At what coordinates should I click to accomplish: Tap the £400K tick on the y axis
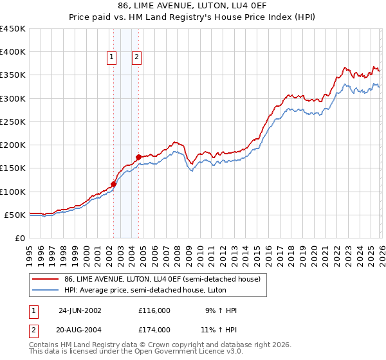pos(13,52)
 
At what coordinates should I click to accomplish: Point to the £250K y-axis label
pos(13,122)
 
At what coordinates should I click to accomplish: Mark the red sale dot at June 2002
pos(114,184)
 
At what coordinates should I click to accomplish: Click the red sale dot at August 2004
pos(138,157)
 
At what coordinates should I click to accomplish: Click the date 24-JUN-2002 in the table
pos(80,310)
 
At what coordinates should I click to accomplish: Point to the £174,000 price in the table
pos(154,329)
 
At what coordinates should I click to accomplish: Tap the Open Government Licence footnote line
pos(122,352)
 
